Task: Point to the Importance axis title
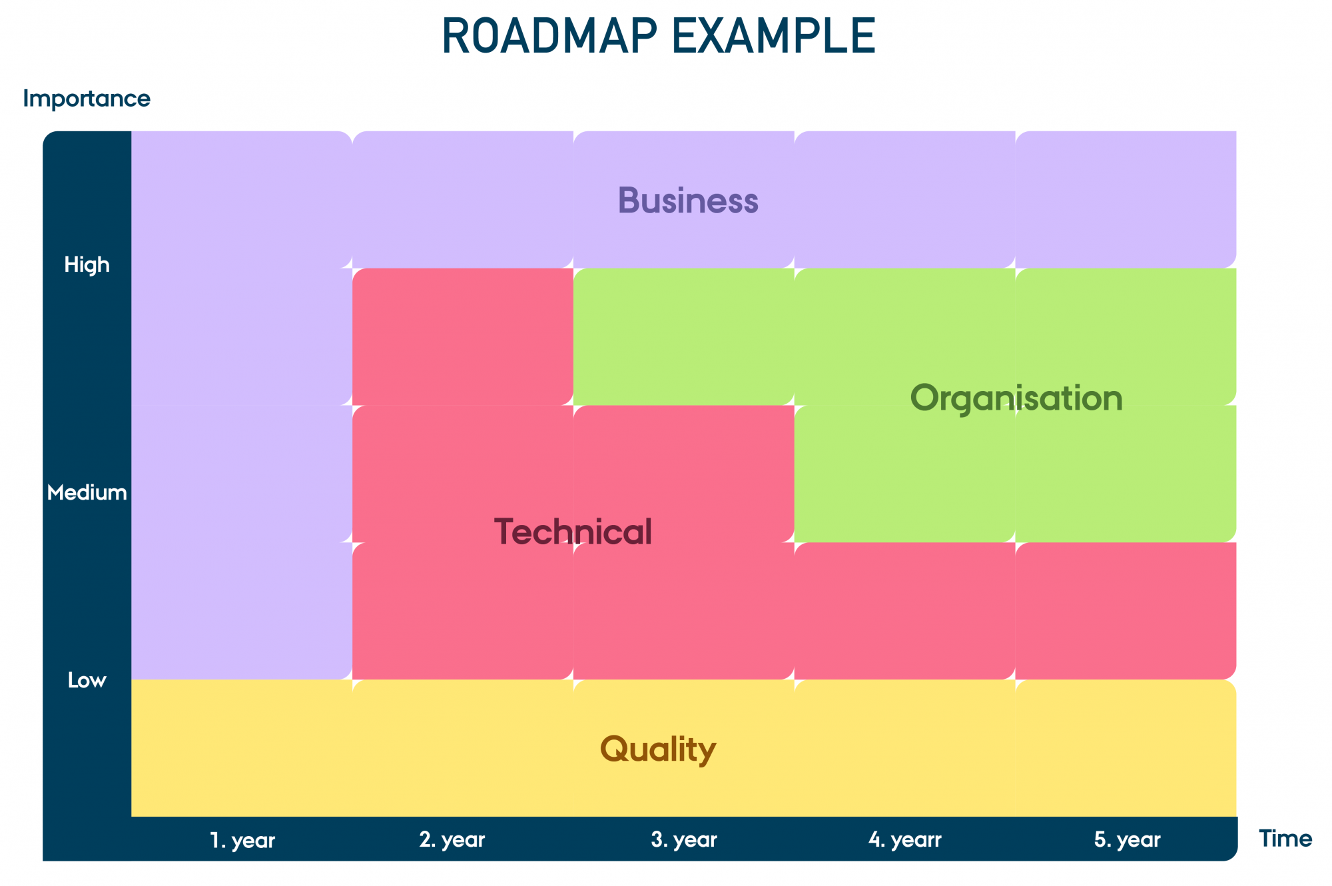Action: click(x=87, y=99)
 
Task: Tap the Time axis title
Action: click(x=1285, y=839)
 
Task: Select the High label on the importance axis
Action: click(x=87, y=265)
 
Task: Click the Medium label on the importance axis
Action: click(x=87, y=493)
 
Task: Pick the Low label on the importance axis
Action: click(x=87, y=680)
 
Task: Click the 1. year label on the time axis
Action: click(x=242, y=840)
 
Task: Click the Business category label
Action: click(x=688, y=201)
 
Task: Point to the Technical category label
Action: click(x=573, y=532)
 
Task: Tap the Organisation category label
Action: click(x=1016, y=398)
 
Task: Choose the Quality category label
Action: click(x=658, y=749)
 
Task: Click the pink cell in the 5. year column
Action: click(x=1126, y=611)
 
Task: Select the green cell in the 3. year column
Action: click(x=684, y=336)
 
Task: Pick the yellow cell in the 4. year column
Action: click(x=905, y=748)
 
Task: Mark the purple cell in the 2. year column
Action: click(x=463, y=199)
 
